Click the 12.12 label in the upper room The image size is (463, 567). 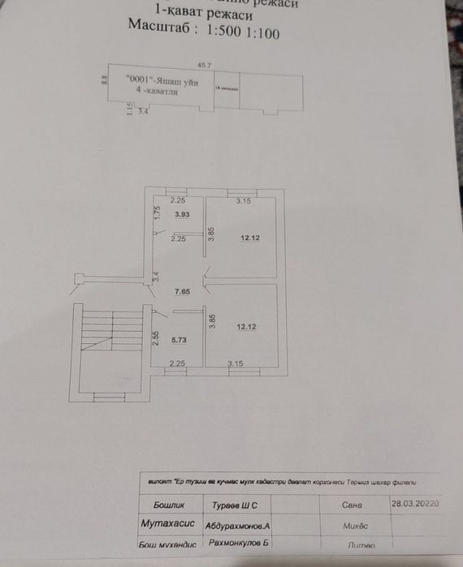[x=249, y=238]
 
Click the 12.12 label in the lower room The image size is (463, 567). [x=246, y=326]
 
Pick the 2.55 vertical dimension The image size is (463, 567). [x=155, y=337]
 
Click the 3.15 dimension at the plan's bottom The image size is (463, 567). [x=236, y=363]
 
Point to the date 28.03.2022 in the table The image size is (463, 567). [x=415, y=503]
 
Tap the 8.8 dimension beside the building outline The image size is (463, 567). [x=104, y=80]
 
